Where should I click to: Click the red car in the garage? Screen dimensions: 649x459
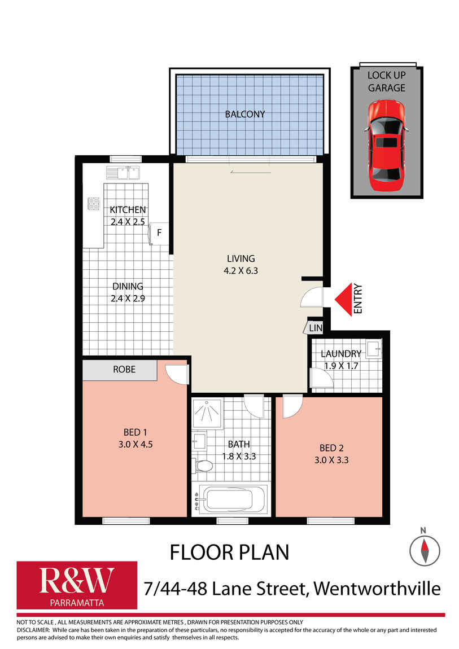point(386,144)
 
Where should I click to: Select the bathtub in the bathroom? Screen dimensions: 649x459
point(232,499)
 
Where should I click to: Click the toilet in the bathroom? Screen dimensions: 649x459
point(203,466)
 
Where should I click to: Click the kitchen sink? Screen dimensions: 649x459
point(123,173)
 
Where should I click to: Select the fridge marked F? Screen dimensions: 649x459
point(159,232)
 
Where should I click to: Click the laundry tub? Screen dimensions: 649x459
point(373,349)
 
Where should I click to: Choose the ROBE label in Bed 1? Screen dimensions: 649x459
point(124,370)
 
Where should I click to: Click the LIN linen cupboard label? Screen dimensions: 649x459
point(316,328)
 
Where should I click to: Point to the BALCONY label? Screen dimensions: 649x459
point(244,114)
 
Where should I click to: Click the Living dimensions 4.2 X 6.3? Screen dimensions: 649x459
point(241,270)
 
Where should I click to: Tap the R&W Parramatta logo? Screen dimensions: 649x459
point(77,585)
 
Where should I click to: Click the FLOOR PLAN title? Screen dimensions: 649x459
point(229,552)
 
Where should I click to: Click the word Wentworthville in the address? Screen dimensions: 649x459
point(377,589)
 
